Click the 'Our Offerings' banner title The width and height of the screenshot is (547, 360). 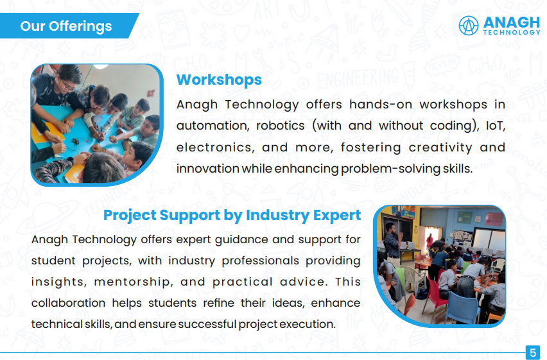click(66, 26)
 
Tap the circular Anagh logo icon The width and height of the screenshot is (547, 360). click(468, 26)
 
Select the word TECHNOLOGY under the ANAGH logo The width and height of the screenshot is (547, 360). click(512, 33)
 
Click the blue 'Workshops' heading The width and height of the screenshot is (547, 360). click(219, 80)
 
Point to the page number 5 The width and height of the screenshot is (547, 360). click(533, 352)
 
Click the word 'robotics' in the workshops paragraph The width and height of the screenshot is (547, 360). click(281, 126)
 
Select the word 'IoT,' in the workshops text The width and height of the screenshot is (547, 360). click(496, 126)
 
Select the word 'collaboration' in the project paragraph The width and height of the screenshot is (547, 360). click(68, 303)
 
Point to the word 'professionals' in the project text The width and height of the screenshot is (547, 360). click(260, 261)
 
